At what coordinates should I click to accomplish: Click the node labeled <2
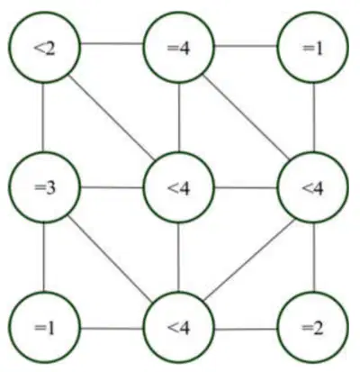click(45, 47)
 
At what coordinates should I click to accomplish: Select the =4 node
click(179, 47)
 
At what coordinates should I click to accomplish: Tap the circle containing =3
click(45, 187)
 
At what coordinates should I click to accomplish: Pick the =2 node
click(313, 327)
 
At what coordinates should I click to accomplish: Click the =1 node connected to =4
click(313, 47)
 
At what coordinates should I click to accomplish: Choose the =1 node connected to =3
click(45, 327)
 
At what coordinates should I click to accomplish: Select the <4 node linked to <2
click(179, 187)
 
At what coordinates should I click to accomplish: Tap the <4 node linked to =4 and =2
click(313, 187)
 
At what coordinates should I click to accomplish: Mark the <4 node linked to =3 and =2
click(179, 327)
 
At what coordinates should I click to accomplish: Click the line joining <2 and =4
click(112, 44)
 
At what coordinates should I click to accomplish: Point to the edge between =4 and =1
click(246, 46)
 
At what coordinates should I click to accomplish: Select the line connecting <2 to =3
click(43, 117)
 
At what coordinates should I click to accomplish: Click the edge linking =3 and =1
click(44, 258)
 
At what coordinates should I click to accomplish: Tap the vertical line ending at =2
click(314, 258)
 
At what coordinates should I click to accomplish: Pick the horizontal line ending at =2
click(246, 330)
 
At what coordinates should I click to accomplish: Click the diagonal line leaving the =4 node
click(246, 117)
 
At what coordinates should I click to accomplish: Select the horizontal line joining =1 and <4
click(112, 328)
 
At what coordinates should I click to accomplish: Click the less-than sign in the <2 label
click(39, 49)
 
